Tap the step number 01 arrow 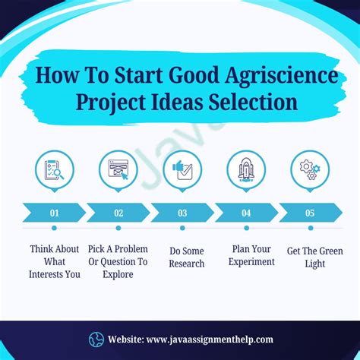pos(54,213)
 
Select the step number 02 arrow pos(118,213)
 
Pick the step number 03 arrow pos(182,213)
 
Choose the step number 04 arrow pos(246,213)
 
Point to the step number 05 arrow pos(310,213)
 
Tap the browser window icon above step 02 pos(118,170)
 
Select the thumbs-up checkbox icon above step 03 pos(182,170)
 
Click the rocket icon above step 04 pos(246,170)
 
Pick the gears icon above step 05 pos(310,170)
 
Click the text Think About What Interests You pos(55,261)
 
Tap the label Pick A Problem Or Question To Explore pos(118,261)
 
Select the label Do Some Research pos(187,257)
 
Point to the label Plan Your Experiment pos(251,255)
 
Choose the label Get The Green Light pos(314,257)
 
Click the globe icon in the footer pos(96,339)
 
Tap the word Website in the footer pos(127,339)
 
